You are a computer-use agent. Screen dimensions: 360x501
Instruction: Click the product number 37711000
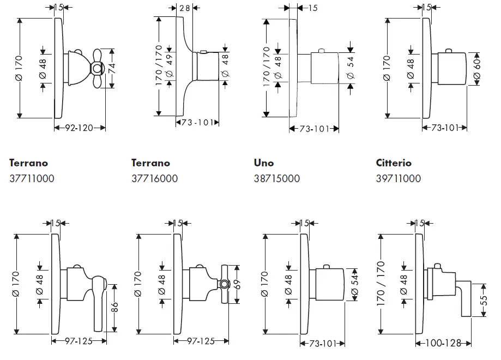click(x=32, y=178)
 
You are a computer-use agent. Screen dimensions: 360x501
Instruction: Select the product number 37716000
click(x=154, y=178)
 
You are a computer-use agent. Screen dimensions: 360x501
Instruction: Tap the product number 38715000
click(x=276, y=178)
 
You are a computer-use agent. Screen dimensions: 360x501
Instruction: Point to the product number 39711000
click(x=399, y=178)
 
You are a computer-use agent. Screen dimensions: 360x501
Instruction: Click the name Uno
click(x=264, y=163)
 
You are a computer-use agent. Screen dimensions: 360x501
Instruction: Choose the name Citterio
click(x=394, y=163)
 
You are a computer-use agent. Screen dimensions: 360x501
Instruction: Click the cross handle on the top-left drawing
click(x=96, y=68)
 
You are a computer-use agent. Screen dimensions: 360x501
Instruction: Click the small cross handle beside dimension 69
click(x=224, y=284)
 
